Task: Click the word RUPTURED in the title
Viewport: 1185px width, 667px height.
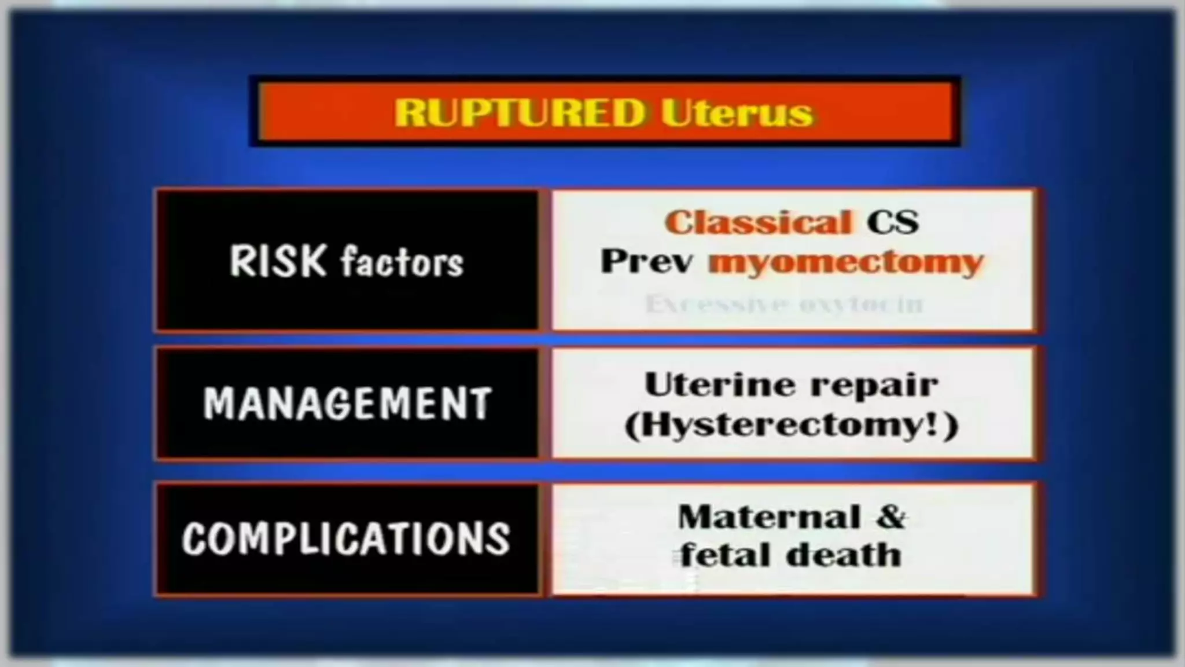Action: click(519, 112)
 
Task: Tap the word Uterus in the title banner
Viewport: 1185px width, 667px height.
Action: click(737, 112)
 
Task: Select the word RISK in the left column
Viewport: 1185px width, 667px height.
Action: click(278, 261)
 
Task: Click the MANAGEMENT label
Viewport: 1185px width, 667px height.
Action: click(347, 403)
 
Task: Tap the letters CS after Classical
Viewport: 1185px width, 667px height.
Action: click(892, 222)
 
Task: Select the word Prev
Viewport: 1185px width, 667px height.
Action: click(647, 262)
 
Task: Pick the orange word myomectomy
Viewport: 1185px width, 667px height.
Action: click(846, 262)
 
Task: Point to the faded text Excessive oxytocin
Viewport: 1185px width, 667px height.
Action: click(785, 303)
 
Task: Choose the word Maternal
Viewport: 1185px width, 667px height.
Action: click(768, 517)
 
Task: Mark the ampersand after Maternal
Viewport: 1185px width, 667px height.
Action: click(891, 517)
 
